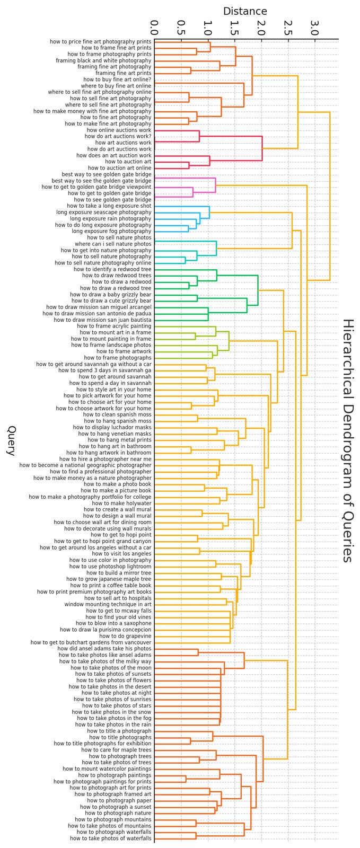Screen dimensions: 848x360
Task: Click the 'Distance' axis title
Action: click(x=245, y=11)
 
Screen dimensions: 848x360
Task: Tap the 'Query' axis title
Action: click(x=11, y=440)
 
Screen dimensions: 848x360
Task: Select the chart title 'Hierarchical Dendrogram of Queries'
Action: click(x=347, y=440)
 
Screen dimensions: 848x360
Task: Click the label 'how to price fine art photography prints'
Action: click(x=100, y=41)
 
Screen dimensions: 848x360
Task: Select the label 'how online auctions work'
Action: click(x=119, y=130)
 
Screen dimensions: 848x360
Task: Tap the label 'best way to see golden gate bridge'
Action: click(x=106, y=174)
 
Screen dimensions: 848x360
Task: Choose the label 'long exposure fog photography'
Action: click(x=111, y=231)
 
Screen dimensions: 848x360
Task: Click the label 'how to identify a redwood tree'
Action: click(x=112, y=269)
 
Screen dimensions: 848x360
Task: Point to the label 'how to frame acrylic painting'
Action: click(x=114, y=326)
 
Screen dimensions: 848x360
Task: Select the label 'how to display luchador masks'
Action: click(x=112, y=427)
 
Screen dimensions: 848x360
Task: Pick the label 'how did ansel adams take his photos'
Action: click(x=104, y=649)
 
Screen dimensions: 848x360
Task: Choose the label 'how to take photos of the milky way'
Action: click(x=105, y=661)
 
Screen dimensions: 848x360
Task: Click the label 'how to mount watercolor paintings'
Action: click(x=107, y=768)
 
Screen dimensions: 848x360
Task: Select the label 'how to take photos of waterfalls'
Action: click(x=110, y=838)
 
